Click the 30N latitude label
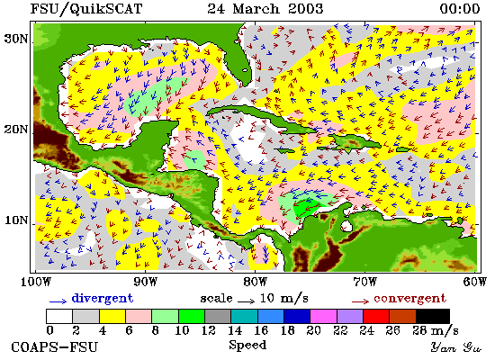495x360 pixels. pos(15,39)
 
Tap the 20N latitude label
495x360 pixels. pos(15,130)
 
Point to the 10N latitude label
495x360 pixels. pos(15,220)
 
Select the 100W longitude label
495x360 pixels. pos(36,282)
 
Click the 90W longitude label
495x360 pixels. pos(145,282)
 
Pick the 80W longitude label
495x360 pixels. pos(255,282)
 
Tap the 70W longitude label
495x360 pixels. pos(365,282)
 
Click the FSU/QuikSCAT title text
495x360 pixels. pos(86,9)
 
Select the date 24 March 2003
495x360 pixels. pos(265,8)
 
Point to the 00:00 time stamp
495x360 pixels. pos(460,8)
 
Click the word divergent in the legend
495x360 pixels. pos(103,298)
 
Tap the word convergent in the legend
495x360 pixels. pos(410,299)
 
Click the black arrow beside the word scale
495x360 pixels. pos(247,301)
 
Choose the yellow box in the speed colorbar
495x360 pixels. pos(112,317)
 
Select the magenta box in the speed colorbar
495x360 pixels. pos(323,317)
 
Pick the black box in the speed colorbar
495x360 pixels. pos(433,317)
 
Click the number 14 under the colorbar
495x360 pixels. pos(235,330)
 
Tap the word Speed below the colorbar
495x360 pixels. pos(247,346)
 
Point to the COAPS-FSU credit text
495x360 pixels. pos(55,347)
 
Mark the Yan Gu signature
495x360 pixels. pos(456,347)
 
